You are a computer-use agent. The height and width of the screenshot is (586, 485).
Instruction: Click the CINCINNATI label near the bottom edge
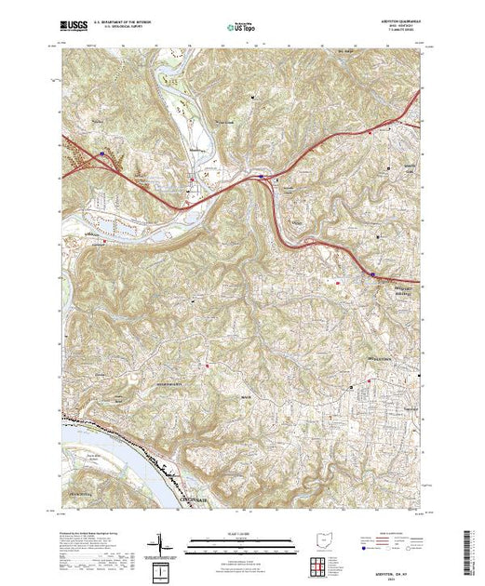(194, 500)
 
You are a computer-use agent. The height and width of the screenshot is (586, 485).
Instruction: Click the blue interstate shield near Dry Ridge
(373, 274)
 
